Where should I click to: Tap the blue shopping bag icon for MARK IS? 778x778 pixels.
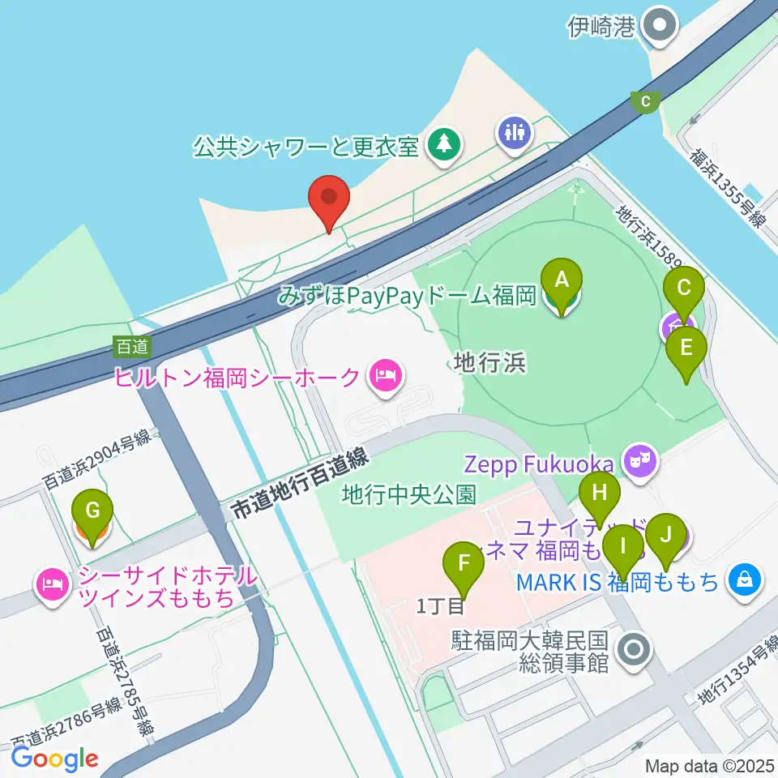[x=743, y=579]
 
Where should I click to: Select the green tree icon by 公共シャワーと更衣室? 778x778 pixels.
[x=443, y=146]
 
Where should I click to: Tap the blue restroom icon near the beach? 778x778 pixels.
[x=515, y=130]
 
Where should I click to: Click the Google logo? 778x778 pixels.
[x=55, y=759]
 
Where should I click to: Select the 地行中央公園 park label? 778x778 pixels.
[x=408, y=493]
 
